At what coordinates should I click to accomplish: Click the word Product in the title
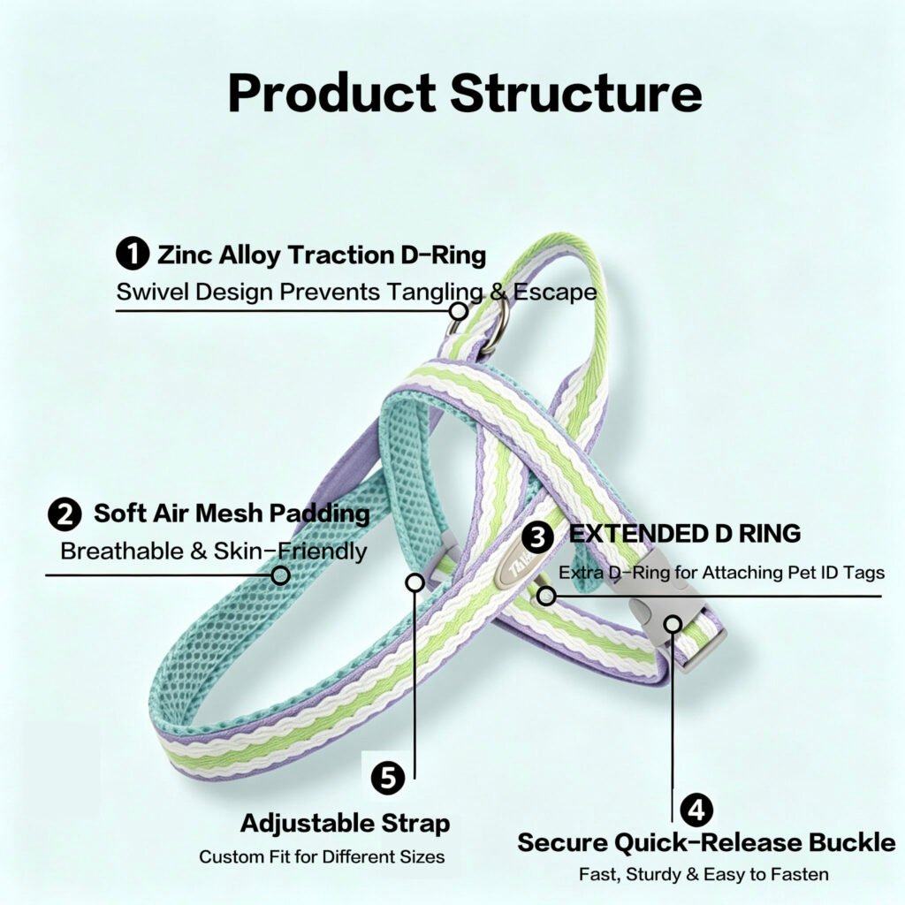coord(332,94)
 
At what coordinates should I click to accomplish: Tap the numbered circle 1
coord(133,254)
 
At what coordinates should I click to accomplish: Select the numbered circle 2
coord(65,514)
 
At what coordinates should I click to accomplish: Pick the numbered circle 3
coord(538,536)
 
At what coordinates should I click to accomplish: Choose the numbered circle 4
coord(696,810)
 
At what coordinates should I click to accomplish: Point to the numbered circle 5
coord(388,778)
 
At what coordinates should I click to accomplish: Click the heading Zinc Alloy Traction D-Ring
coord(322,255)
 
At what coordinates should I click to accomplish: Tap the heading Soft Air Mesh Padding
coord(232,513)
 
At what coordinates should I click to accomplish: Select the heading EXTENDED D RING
coord(685,534)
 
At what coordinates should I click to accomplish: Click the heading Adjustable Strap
coord(346,824)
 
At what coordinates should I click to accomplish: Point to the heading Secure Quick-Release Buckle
coord(706,842)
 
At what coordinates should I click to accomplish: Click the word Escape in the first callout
coord(555,292)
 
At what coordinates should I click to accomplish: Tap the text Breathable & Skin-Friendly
coord(214,551)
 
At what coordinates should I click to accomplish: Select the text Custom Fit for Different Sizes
coord(322,856)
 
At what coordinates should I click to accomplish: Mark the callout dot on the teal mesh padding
coord(281,574)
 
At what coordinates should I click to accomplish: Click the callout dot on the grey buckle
coord(673,624)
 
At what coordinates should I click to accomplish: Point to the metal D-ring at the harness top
coord(501,331)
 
